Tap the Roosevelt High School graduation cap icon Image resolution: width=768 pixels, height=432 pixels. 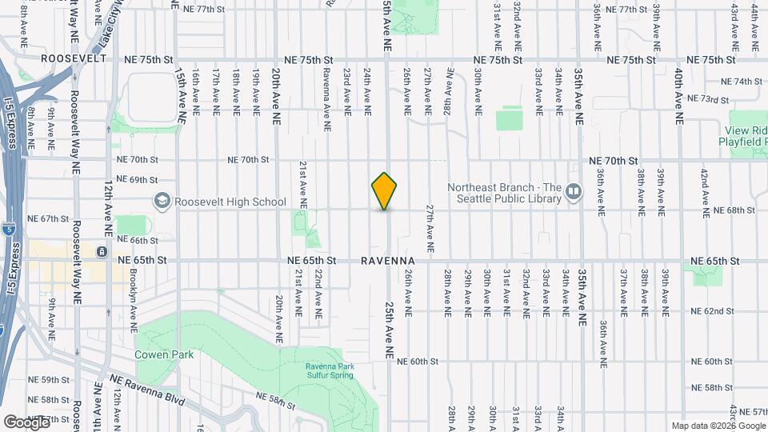pyautogui.click(x=162, y=199)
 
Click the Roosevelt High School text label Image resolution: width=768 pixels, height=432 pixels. pyautogui.click(x=230, y=202)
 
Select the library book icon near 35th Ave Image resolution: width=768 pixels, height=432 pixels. pyautogui.click(x=573, y=191)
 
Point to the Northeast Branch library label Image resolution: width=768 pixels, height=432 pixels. pyautogui.click(x=504, y=193)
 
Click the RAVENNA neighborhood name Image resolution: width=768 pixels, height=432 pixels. pyautogui.click(x=387, y=261)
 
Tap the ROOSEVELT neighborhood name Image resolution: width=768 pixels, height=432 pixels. pyautogui.click(x=74, y=58)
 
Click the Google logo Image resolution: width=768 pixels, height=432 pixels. pyautogui.click(x=26, y=422)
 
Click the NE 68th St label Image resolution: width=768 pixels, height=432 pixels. pyautogui.click(x=734, y=210)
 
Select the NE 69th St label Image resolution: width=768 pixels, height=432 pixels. pyautogui.click(x=136, y=180)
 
